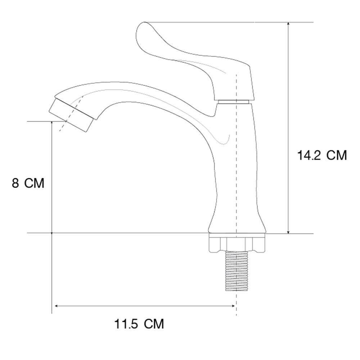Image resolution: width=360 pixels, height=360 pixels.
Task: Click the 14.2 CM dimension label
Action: pyautogui.click(x=322, y=155)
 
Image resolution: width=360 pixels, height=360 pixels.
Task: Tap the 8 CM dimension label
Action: pyautogui.click(x=28, y=183)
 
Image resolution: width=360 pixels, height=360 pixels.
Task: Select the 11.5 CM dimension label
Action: pyautogui.click(x=139, y=324)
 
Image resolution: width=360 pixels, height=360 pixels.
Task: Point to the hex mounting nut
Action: pyautogui.click(x=237, y=243)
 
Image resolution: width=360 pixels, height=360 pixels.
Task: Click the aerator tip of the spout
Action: pyautogui.click(x=71, y=115)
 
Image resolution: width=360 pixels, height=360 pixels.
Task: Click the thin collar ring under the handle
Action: pyautogui.click(x=233, y=102)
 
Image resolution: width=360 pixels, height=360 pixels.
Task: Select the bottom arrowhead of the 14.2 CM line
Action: pyautogui.click(x=289, y=231)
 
